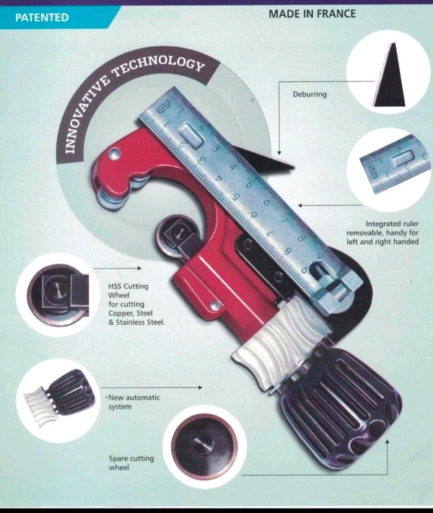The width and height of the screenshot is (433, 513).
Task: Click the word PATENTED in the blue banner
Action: (x=42, y=17)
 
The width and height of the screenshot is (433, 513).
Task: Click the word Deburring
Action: (x=310, y=95)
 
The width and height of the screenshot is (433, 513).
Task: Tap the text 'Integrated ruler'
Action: (x=392, y=224)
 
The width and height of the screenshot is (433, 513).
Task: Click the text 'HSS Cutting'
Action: (x=128, y=286)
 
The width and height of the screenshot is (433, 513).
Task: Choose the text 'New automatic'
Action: (x=134, y=398)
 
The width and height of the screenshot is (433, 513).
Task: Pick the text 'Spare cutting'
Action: (x=131, y=458)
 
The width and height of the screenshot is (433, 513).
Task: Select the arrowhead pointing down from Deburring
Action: (x=279, y=152)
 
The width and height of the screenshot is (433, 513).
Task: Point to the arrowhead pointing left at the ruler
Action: (x=300, y=206)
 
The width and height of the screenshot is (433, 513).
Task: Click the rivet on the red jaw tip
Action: (x=114, y=152)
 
